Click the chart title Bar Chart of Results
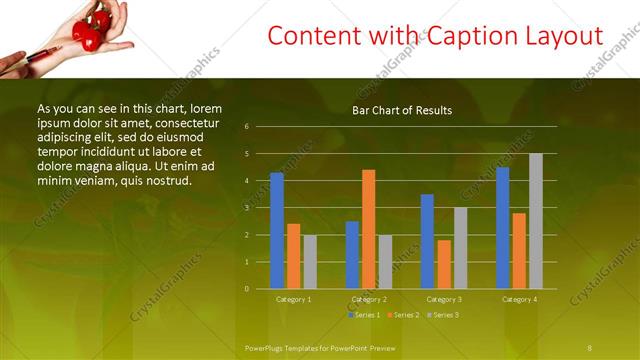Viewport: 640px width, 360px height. [x=402, y=110]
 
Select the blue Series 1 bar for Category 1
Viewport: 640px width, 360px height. [x=277, y=231]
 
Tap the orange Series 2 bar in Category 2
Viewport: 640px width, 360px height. [x=369, y=229]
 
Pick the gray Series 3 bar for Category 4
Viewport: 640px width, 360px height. [x=536, y=221]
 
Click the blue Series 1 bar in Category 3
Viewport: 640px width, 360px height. [x=427, y=241]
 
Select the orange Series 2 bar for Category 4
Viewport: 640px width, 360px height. [x=519, y=250]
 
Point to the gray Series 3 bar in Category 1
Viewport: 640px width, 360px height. [x=310, y=262]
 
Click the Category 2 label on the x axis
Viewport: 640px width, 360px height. [x=369, y=299]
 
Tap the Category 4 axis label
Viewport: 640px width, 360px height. [x=519, y=299]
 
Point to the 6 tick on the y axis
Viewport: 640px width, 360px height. [x=247, y=127]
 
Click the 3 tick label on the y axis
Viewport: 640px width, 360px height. [x=247, y=208]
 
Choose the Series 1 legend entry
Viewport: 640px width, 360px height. [x=365, y=315]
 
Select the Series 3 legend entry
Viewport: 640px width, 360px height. [x=442, y=315]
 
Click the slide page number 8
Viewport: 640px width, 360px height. [x=590, y=347]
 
